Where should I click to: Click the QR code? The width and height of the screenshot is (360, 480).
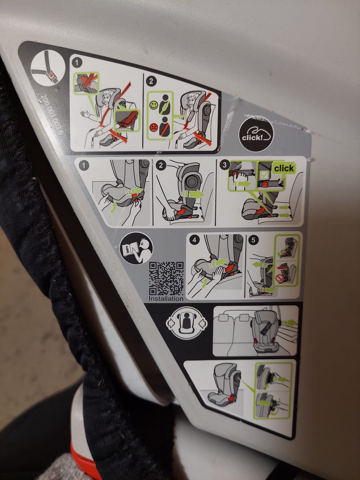point(166,279)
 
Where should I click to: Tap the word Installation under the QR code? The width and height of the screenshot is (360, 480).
point(166,299)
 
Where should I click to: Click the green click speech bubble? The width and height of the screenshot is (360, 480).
point(284,168)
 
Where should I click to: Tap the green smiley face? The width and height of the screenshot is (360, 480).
point(154,105)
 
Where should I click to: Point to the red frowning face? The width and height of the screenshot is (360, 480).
point(154,127)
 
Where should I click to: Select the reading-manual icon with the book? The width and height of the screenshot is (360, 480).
point(136,249)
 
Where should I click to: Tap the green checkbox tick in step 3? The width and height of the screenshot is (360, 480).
point(265,175)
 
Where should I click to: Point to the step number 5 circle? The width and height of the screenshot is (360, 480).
point(253,240)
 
